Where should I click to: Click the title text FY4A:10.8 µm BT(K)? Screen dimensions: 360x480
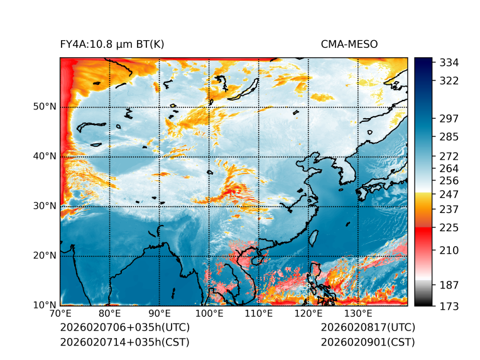tap(112, 44)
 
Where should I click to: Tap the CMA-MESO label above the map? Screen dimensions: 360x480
tap(349, 44)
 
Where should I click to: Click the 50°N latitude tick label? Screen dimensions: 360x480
tap(44, 106)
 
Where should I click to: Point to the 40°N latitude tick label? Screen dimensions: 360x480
tap(44, 156)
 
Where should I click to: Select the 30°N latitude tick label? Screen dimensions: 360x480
tap(44, 205)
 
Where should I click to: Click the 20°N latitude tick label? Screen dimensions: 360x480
tap(44, 255)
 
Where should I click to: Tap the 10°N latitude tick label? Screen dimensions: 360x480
tap(44, 305)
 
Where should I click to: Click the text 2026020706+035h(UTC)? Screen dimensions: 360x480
tap(124, 327)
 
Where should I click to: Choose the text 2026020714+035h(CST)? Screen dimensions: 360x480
tap(124, 342)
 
